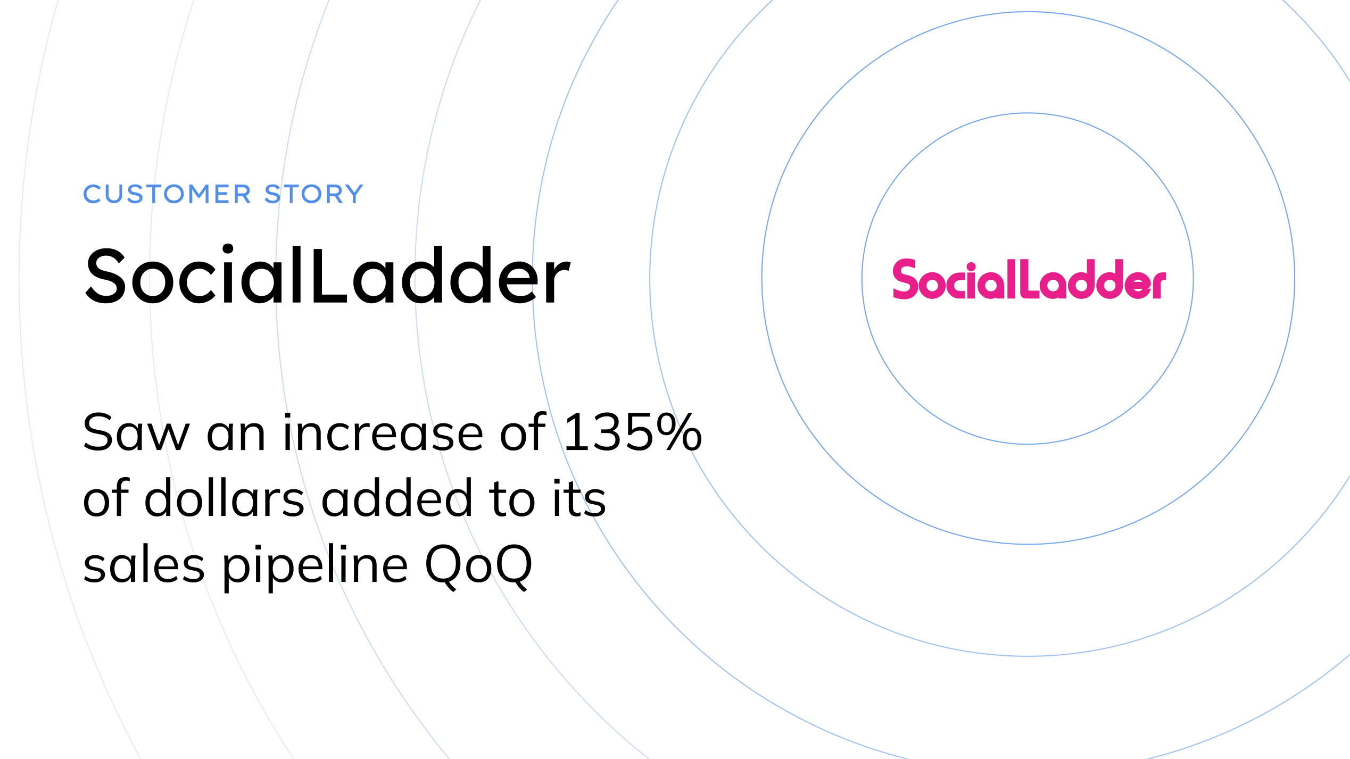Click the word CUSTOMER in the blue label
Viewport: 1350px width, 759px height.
pyautogui.click(x=167, y=194)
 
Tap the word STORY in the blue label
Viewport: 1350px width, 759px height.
pyautogui.click(x=314, y=194)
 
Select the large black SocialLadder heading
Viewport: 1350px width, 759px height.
pyautogui.click(x=327, y=276)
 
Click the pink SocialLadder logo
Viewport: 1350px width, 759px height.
pyautogui.click(x=1029, y=280)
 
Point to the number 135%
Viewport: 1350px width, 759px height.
pyautogui.click(x=633, y=433)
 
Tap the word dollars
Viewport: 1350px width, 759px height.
pyautogui.click(x=225, y=498)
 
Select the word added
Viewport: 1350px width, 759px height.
pyautogui.click(x=397, y=498)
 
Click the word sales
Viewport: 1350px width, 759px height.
pyautogui.click(x=144, y=565)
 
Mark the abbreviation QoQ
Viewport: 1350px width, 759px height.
pyautogui.click(x=478, y=566)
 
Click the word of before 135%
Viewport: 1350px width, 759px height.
pyautogui.click(x=523, y=433)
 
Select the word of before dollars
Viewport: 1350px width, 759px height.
pyautogui.click(x=106, y=498)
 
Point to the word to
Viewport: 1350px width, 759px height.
pyautogui.click(x=511, y=499)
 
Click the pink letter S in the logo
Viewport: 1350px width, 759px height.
pyautogui.click(x=905, y=279)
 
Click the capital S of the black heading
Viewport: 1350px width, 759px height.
pyautogui.click(x=105, y=277)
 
